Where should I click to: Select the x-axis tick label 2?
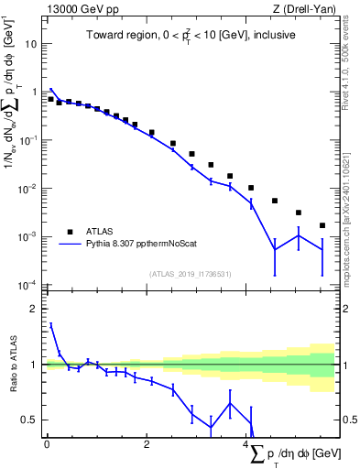click(x=147, y=446)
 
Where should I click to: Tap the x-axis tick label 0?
click(x=47, y=446)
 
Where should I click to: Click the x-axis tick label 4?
click(x=247, y=446)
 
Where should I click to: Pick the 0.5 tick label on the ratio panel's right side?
click(x=350, y=420)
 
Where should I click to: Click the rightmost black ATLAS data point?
click(x=322, y=225)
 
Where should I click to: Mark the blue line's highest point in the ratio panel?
click(x=50, y=323)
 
